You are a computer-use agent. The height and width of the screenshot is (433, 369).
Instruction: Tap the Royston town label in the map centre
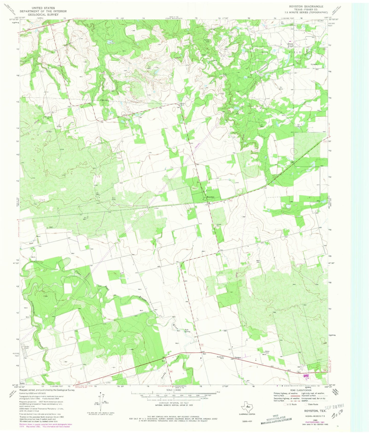click(208, 197)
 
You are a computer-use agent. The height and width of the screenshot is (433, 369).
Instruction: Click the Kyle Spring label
click(187, 331)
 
